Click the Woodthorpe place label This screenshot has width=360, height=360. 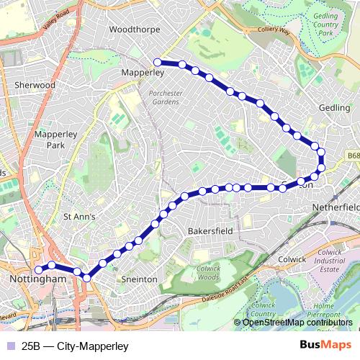[x=135, y=30]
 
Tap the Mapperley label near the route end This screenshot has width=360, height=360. [x=143, y=73]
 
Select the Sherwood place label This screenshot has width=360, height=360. [x=35, y=85]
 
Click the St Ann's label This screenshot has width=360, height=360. [x=80, y=215]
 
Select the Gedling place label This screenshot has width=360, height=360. [x=334, y=108]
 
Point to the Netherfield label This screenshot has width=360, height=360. [x=335, y=207]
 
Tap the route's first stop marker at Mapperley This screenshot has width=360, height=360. [x=157, y=62]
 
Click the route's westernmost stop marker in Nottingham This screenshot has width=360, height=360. [x=37, y=271]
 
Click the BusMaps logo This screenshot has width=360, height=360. [x=325, y=344]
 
